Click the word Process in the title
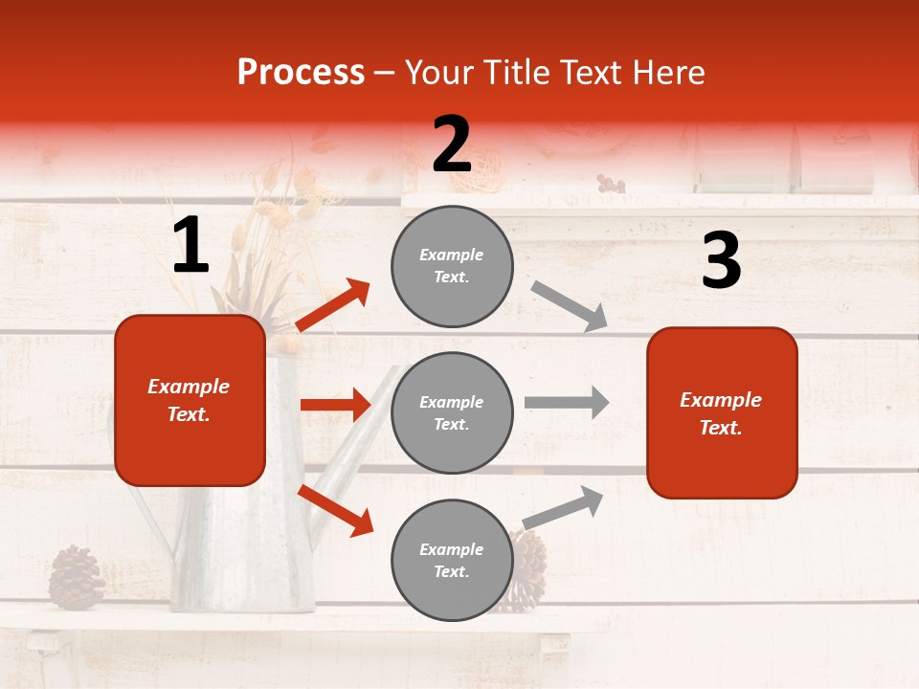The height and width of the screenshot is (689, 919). [x=301, y=73]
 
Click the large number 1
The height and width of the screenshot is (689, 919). [x=191, y=246]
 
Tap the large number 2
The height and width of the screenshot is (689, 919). [x=452, y=144]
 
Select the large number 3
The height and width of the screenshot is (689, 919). [x=721, y=261]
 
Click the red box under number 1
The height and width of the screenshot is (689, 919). [x=190, y=400]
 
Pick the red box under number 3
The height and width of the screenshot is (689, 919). [x=722, y=412]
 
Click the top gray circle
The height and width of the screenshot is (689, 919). [x=452, y=266]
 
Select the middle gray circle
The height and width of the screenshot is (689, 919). [x=452, y=412]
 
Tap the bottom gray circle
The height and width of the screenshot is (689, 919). [x=452, y=560]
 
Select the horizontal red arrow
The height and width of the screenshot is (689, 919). [x=335, y=405]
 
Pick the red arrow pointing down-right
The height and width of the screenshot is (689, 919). [x=336, y=510]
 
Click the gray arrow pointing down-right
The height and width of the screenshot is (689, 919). [x=570, y=306]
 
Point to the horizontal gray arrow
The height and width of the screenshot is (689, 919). [x=567, y=402]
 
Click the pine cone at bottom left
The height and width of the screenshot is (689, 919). [x=76, y=577]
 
